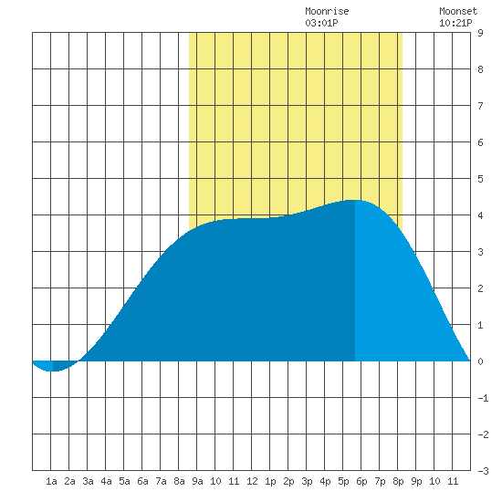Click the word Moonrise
point(327,11)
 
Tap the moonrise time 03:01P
point(321,23)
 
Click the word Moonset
point(458,11)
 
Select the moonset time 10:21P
point(455,23)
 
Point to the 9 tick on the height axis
point(480,33)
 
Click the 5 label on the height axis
point(480,179)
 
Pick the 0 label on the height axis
point(480,361)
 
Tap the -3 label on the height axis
point(483,471)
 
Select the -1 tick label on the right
point(483,398)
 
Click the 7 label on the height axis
point(480,106)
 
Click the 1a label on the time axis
point(51,481)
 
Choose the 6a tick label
point(142,481)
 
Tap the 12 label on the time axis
point(252,481)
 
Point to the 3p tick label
point(307,481)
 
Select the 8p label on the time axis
point(398,481)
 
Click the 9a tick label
point(197,481)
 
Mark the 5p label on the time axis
point(343,481)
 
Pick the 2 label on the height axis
point(480,288)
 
